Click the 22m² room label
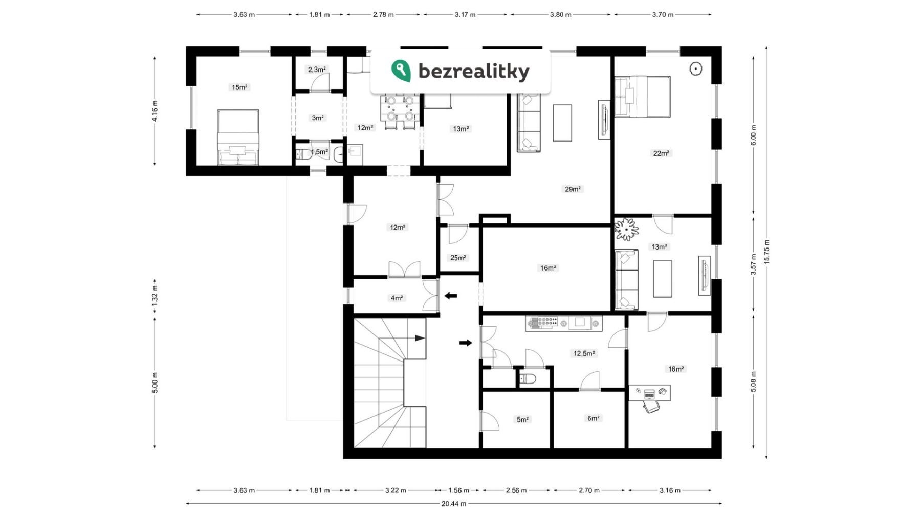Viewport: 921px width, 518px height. coord(661,153)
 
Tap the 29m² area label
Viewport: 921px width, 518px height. coord(573,189)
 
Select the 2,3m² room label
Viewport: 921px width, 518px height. coord(317,69)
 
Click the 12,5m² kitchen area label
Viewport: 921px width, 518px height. coord(584,353)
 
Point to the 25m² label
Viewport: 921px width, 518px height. coord(458,258)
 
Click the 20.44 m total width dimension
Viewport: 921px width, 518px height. coord(454,504)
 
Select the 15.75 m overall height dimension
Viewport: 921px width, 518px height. coord(766,252)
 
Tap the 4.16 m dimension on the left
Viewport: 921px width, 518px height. coord(155,111)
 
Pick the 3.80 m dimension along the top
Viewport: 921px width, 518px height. coord(560,14)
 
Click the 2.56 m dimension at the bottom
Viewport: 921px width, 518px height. coord(516,490)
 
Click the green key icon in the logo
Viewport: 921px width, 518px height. coord(401,71)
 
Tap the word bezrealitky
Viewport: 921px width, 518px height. coord(474,72)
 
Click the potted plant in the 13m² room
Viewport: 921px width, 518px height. coord(626,229)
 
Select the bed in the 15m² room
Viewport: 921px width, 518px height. coord(238,137)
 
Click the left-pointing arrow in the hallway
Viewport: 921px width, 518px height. coord(451,296)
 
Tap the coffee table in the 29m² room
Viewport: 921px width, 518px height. coord(562,123)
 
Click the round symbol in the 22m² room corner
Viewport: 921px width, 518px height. coord(696,69)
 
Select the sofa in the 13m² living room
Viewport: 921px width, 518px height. coord(626,280)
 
